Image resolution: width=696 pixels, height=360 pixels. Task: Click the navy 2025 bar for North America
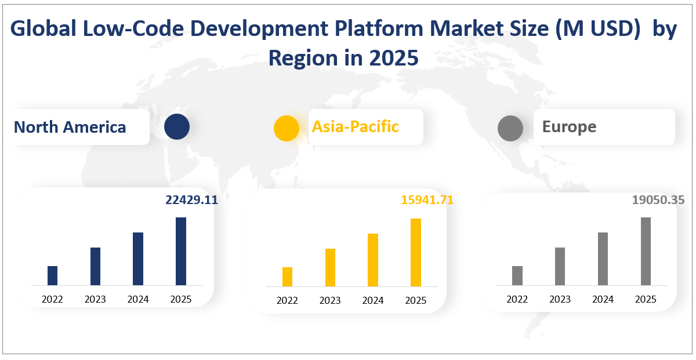point(181,251)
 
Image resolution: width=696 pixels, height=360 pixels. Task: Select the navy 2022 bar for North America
point(52,275)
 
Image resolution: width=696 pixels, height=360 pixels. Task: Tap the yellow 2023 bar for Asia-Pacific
point(330,267)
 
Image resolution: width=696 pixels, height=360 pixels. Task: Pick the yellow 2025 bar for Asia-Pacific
point(416,252)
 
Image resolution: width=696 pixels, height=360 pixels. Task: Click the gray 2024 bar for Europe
point(603,259)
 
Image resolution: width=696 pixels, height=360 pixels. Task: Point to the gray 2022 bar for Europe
point(517,275)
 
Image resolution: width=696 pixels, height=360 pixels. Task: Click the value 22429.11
point(191,200)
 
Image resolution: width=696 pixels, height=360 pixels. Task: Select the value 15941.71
point(427,200)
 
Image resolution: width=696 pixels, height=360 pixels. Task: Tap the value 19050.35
point(658,200)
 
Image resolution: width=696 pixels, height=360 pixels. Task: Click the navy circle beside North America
point(177,127)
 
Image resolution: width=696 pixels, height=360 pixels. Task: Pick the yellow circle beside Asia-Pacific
point(287,128)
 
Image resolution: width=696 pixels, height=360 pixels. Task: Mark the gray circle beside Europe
point(510,128)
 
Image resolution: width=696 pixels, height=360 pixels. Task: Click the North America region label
point(70,127)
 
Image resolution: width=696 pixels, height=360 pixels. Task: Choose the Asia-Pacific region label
point(356,126)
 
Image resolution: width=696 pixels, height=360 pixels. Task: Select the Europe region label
point(569,126)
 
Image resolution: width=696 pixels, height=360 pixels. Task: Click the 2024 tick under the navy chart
point(138,299)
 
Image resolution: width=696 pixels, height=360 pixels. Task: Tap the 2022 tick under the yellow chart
point(287,300)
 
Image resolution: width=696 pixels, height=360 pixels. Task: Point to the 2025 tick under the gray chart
point(646,299)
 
